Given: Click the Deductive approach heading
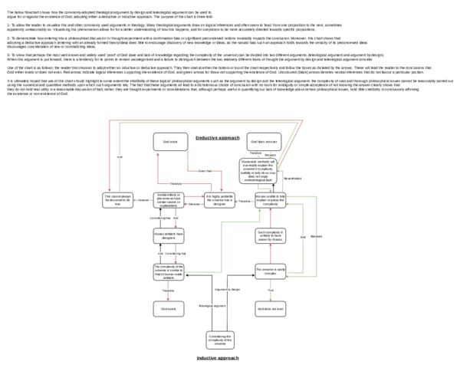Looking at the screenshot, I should pyautogui.click(x=218, y=137).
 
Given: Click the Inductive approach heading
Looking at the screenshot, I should pyautogui.click(x=218, y=358).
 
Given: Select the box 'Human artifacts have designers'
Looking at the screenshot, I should pyautogui.click(x=168, y=235).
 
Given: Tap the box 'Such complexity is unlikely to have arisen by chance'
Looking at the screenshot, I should pyautogui.click(x=271, y=235).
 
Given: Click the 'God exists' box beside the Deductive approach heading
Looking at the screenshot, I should pyautogui.click(x=168, y=142).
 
